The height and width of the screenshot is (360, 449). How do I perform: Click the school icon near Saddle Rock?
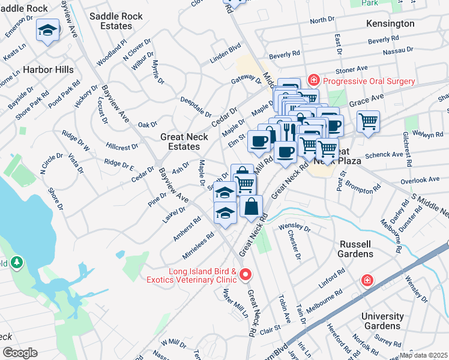[x=47, y=30]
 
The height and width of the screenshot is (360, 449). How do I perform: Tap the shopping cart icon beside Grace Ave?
[x=368, y=121]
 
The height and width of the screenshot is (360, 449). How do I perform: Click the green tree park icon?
[x=17, y=262]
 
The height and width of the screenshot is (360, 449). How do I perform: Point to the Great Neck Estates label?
[x=184, y=142]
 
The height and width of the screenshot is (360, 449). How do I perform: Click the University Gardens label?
[x=382, y=321]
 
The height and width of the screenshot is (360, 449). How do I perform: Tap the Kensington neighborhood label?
[x=390, y=23]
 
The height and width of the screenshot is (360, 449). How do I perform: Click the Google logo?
[x=20, y=353]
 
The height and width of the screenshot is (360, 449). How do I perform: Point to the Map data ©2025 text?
[x=423, y=355]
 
